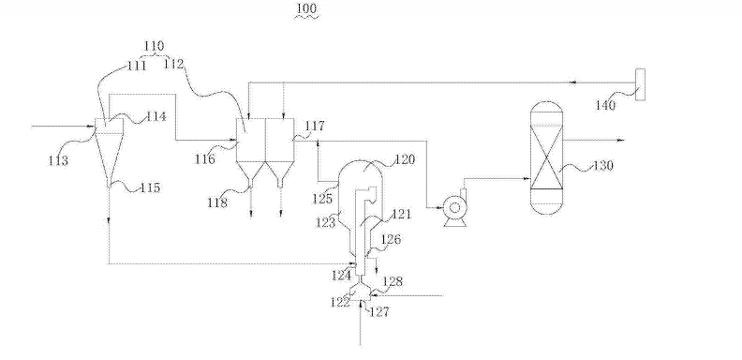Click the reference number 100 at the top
coord(306,9)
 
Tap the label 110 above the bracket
coord(154,46)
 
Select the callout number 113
coord(58,160)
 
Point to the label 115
coord(151,187)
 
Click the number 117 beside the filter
coord(315,126)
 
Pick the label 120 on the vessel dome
coord(405,159)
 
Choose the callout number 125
coord(322,199)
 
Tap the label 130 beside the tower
coord(603,166)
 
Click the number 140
coord(606,105)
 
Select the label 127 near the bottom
coord(378,311)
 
